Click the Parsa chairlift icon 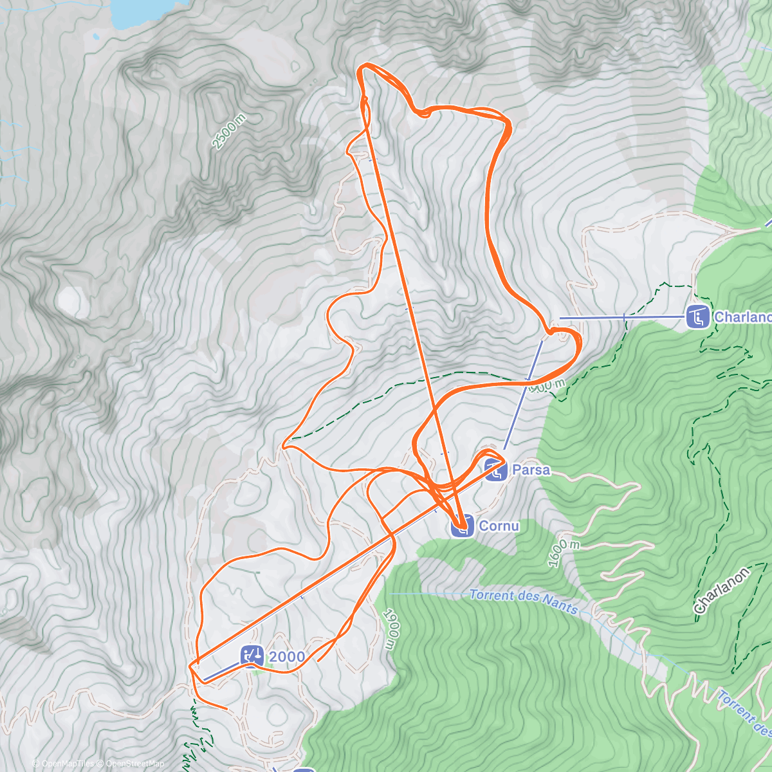click(495, 470)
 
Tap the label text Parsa click(531, 470)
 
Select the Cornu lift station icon click(461, 526)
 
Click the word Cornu click(499, 526)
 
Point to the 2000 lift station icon click(252, 656)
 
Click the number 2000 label click(287, 657)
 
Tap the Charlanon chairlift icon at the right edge click(697, 317)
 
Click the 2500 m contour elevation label click(229, 132)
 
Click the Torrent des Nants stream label click(524, 600)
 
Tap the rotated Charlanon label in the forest click(722, 590)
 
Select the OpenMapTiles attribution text click(67, 764)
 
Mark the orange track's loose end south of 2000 click(226, 709)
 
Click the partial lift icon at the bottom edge click(304, 769)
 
